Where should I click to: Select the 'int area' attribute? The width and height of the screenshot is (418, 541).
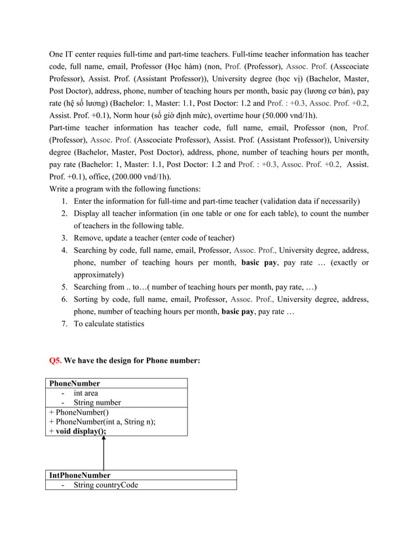point(86,393)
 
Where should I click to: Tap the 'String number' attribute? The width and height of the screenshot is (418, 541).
point(97,402)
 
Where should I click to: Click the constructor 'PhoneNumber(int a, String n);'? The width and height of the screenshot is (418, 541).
point(105,422)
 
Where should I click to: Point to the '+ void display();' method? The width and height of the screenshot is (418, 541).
point(77,432)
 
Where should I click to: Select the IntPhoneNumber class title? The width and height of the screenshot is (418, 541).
point(80,475)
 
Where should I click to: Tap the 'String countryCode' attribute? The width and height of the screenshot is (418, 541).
point(105,485)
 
